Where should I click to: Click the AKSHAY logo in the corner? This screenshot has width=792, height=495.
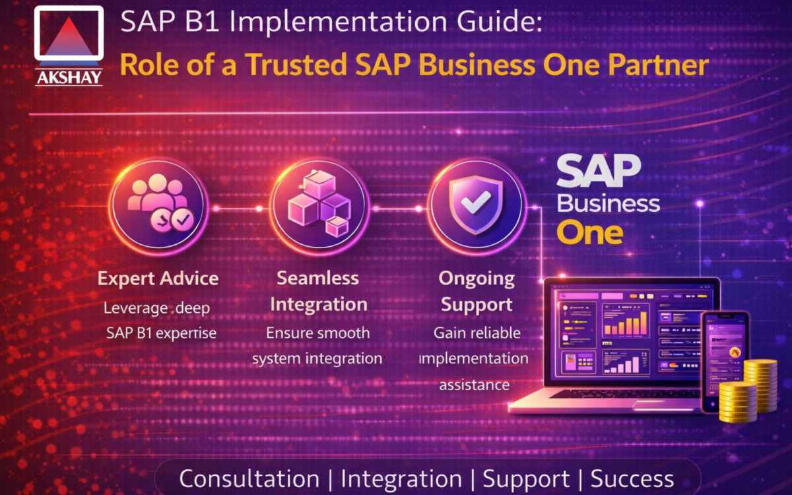tap(69, 46)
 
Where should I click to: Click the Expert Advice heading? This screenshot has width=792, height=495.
tap(158, 278)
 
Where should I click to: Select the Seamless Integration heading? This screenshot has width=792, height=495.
tap(318, 291)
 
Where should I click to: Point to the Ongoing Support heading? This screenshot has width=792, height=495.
tap(477, 291)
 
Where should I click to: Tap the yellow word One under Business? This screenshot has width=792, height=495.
tap(589, 233)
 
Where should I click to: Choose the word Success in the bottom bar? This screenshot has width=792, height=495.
tap(632, 479)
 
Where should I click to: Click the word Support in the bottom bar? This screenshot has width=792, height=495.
tap(526, 479)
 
